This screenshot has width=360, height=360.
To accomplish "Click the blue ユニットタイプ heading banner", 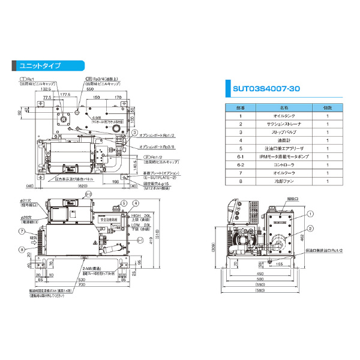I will [x=40, y=65].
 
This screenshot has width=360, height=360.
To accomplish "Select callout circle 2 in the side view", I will [x=311, y=228].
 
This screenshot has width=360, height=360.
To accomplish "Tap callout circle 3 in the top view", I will [x=135, y=132].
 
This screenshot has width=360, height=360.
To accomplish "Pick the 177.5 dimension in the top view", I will [x=65, y=94].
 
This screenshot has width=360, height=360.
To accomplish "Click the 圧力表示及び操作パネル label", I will [x=76, y=179].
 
